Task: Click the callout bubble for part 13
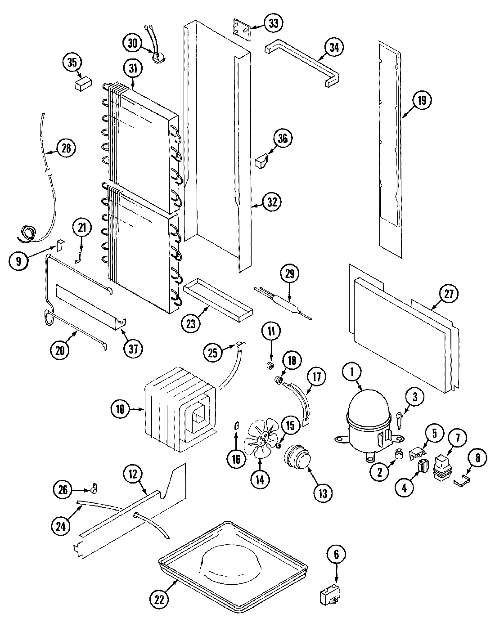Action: coord(321,492)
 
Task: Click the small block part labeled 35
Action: coord(82,83)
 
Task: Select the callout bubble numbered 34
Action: coord(333,48)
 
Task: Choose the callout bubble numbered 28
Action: coord(66,148)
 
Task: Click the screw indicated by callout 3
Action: coord(400,417)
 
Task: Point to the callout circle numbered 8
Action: coord(477,458)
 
